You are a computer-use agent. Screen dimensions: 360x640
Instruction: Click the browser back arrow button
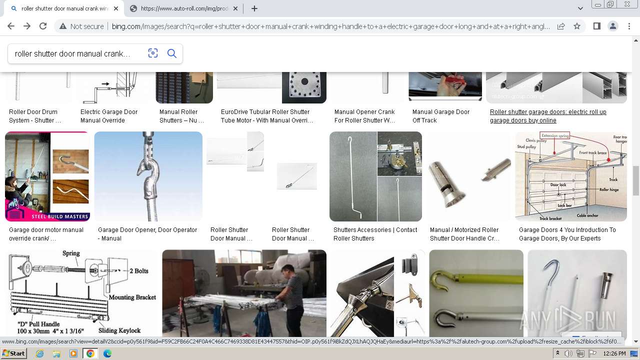pyautogui.click(x=11, y=26)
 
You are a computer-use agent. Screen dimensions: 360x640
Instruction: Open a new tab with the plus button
pyautogui.click(x=254, y=8)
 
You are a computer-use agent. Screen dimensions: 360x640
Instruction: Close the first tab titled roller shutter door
pyautogui.click(x=116, y=8)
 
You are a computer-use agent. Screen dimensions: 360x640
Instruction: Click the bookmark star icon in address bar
pyautogui.click(x=577, y=26)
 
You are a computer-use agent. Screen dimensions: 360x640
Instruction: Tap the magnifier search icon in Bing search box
pyautogui.click(x=172, y=53)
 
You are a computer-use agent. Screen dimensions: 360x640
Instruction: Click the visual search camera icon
pyautogui.click(x=153, y=53)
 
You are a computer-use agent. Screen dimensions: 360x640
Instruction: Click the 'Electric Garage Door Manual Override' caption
pyautogui.click(x=109, y=116)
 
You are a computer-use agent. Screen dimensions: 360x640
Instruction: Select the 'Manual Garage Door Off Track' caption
pyautogui.click(x=440, y=116)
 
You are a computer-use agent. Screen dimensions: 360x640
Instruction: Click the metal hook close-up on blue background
pyautogui.click(x=148, y=176)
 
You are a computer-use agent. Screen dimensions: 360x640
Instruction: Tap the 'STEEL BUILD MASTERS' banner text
pyautogui.click(x=60, y=216)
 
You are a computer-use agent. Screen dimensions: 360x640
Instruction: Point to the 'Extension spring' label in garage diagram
pyautogui.click(x=555, y=135)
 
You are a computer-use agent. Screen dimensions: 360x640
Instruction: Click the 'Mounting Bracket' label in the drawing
pyautogui.click(x=132, y=297)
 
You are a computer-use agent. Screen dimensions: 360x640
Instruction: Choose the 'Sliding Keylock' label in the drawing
pyautogui.click(x=119, y=330)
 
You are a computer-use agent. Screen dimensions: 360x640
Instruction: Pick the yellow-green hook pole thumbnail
pyautogui.click(x=475, y=293)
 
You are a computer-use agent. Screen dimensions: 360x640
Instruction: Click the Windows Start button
pyautogui.click(x=14, y=353)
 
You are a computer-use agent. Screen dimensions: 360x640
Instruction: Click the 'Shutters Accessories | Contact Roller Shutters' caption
pyautogui.click(x=375, y=234)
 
